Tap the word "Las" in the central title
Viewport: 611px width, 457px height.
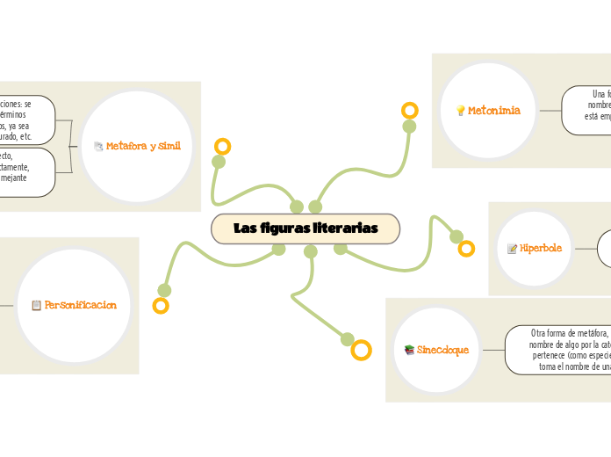tap(245, 228)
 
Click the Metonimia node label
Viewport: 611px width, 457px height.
tap(494, 111)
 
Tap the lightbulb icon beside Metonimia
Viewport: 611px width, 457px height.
tap(460, 111)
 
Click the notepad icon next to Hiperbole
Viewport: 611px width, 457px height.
tap(512, 249)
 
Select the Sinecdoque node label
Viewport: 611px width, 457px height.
tap(443, 350)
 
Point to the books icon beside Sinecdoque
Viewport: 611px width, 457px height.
tap(409, 350)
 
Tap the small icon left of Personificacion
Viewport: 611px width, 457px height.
tap(36, 306)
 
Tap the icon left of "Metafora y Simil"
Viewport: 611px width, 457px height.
tap(98, 147)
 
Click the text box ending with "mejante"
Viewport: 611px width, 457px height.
tap(26, 172)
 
